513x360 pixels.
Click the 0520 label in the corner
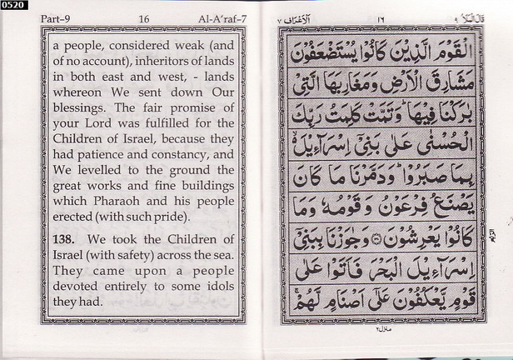tap(14, 5)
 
